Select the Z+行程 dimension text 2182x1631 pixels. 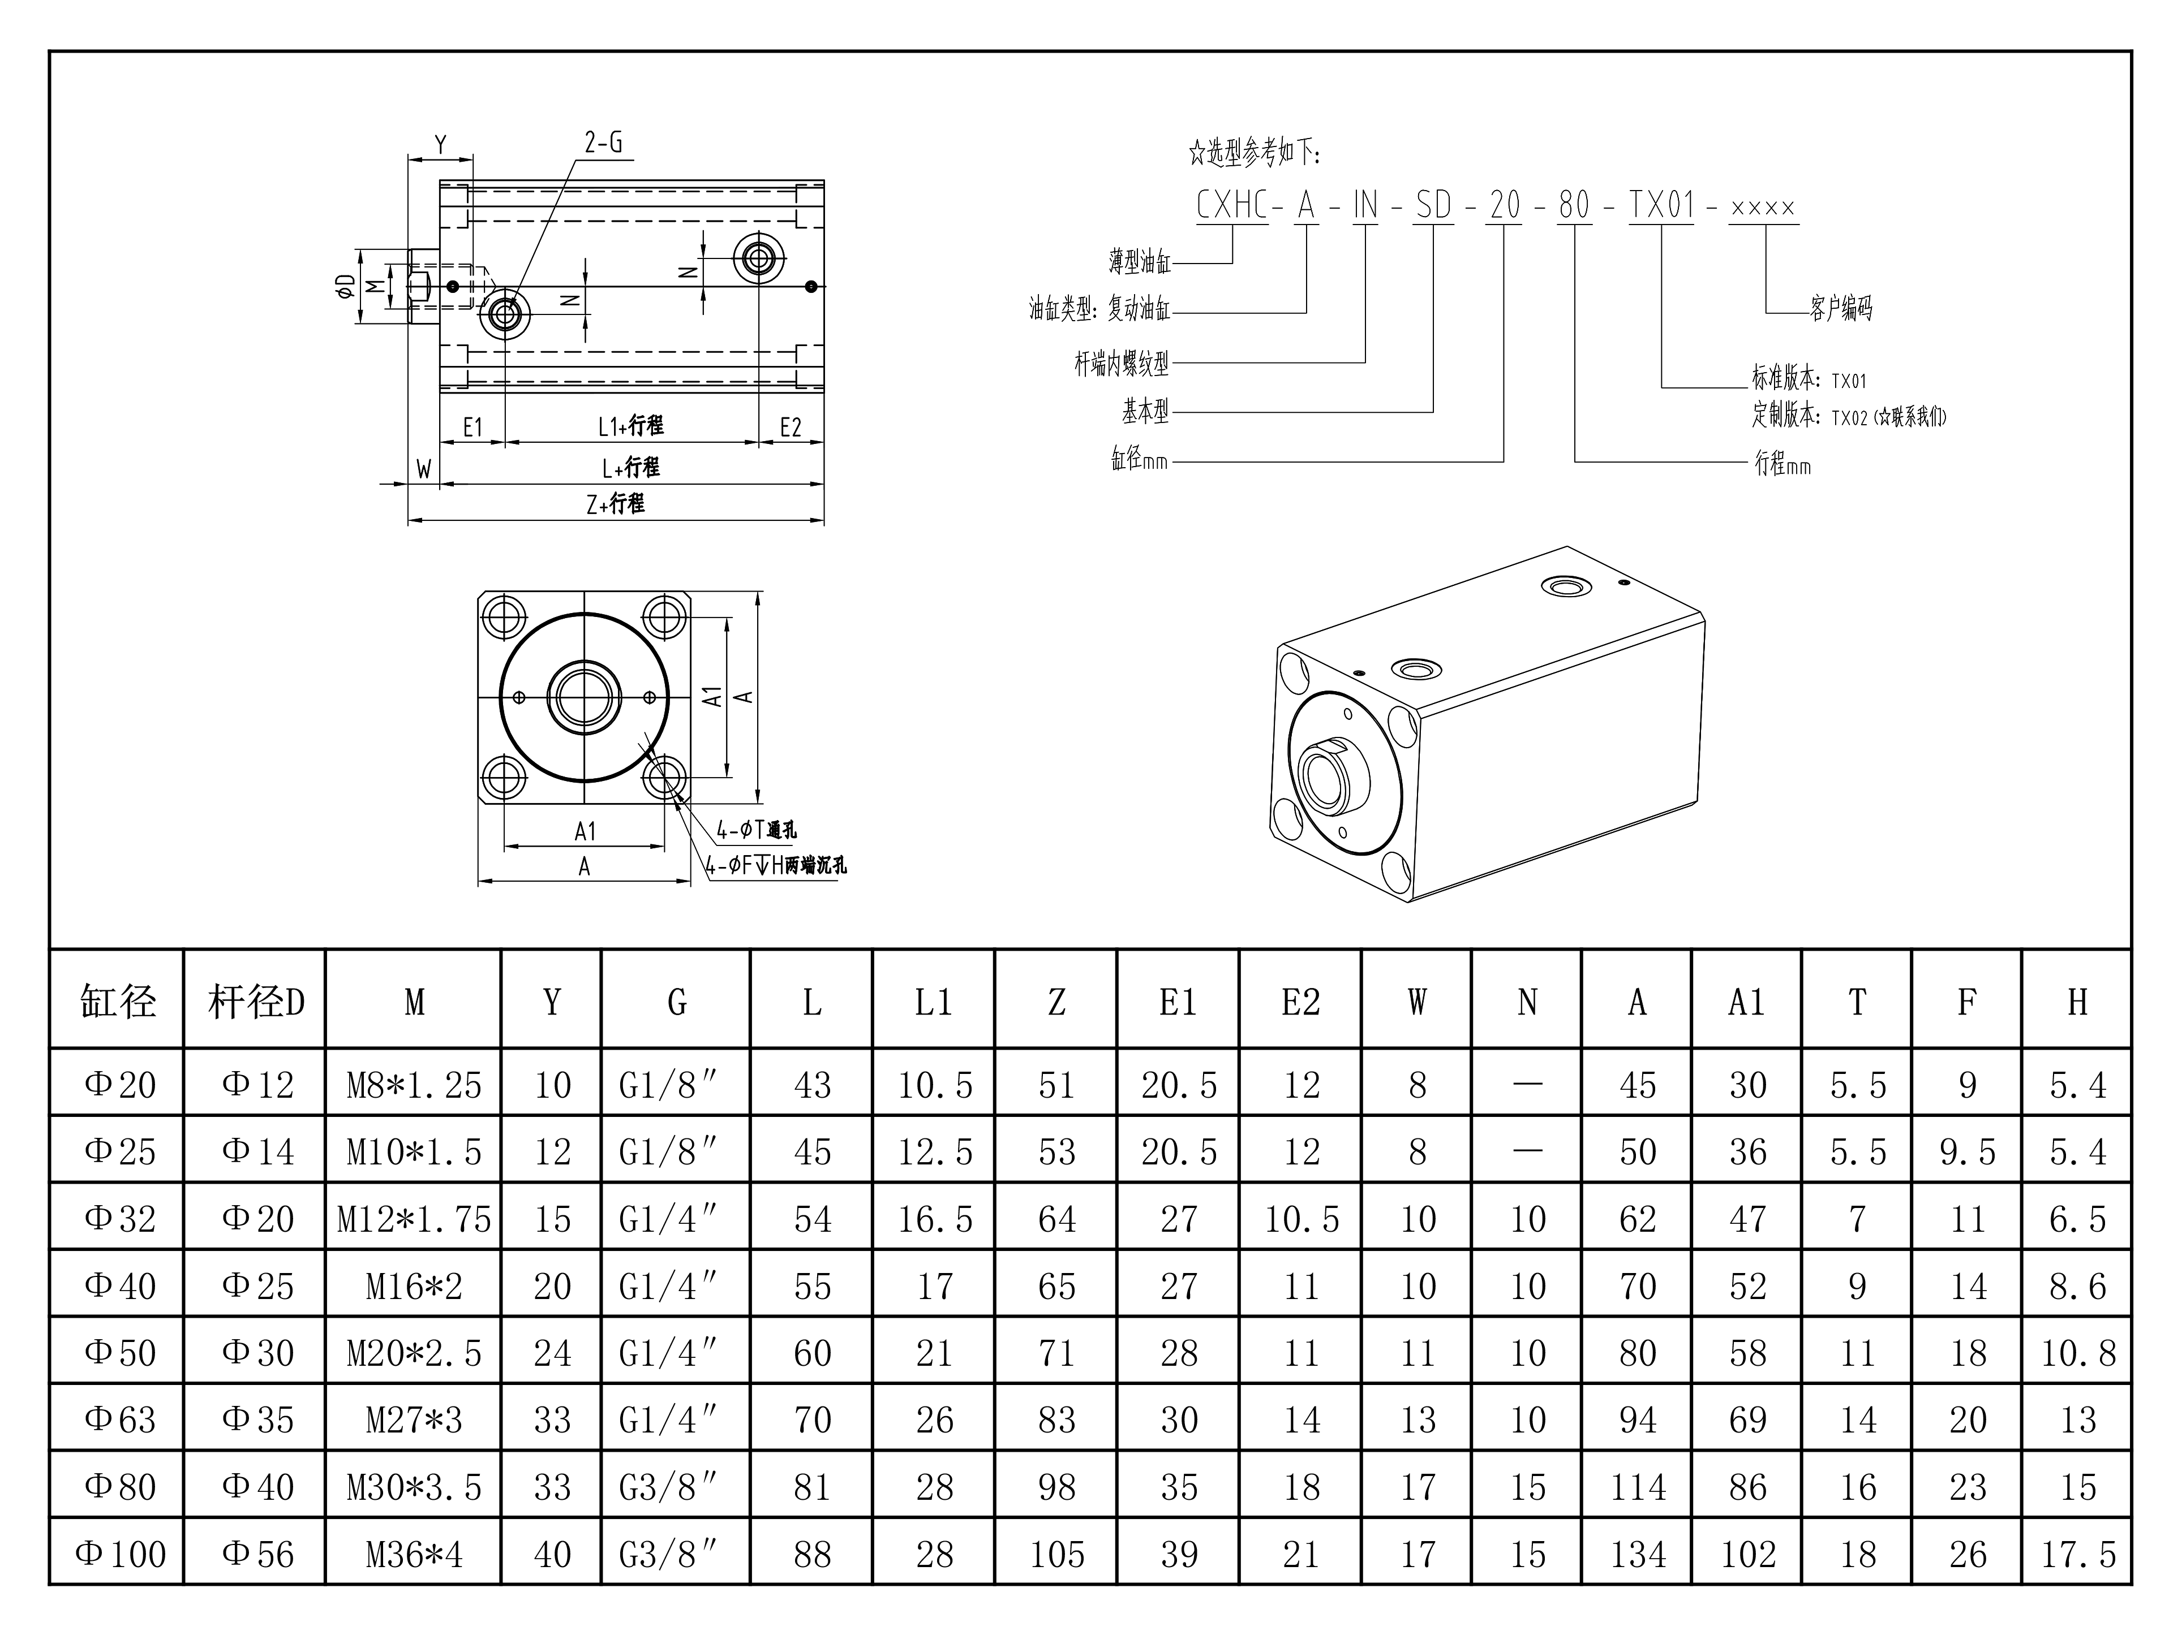pos(616,504)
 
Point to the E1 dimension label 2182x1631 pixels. pos(473,427)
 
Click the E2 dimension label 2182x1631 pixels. pos(790,427)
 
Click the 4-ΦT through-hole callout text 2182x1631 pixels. pos(755,830)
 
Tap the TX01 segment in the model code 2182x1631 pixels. pos(1661,206)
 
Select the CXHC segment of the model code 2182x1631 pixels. pos(1231,206)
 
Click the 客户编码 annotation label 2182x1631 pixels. pos(1841,309)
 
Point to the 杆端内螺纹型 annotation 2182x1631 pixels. pos(1122,364)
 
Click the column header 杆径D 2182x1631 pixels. pos(255,1003)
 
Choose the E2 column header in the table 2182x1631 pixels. pos(1300,1003)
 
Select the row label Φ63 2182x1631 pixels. pos(119,1420)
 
